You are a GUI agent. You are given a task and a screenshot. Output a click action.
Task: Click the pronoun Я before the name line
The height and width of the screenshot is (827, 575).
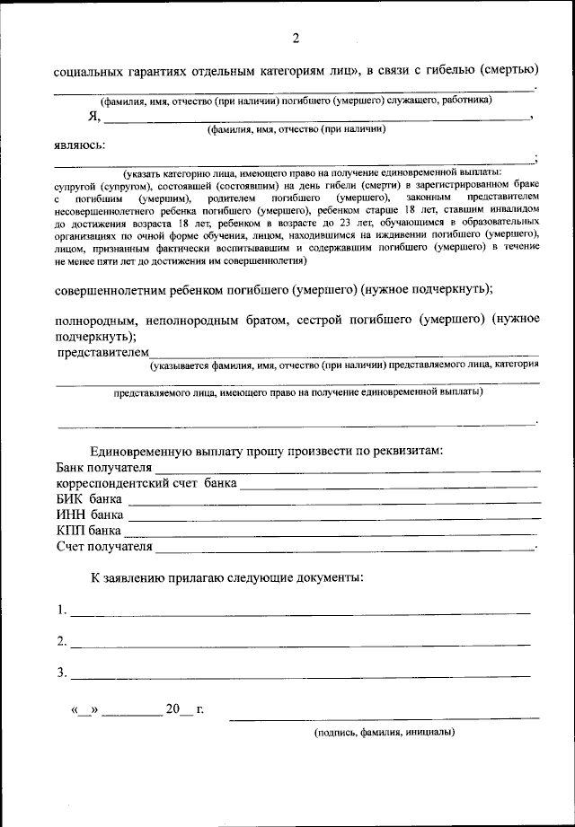click(91, 116)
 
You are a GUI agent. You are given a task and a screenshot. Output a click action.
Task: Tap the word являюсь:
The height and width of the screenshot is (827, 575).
click(79, 145)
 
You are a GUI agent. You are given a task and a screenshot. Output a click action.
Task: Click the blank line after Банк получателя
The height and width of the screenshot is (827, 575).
click(348, 469)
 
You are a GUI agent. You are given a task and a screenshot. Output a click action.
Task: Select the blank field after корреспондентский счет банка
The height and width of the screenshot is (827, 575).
click(390, 484)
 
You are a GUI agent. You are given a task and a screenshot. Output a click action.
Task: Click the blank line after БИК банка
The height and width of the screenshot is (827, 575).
click(334, 500)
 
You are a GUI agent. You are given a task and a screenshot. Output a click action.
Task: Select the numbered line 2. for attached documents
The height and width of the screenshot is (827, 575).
click(300, 643)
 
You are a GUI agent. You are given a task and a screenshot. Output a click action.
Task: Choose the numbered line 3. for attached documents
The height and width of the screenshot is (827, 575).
click(300, 674)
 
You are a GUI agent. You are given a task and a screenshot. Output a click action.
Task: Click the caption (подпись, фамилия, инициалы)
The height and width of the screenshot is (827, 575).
click(385, 732)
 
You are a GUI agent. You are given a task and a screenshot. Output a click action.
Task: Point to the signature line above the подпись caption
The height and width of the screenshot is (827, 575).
click(385, 717)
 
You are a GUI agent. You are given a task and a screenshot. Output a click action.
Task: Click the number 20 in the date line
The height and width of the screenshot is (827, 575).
click(173, 709)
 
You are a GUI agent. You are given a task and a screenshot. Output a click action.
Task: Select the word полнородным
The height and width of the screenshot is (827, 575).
click(94, 320)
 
